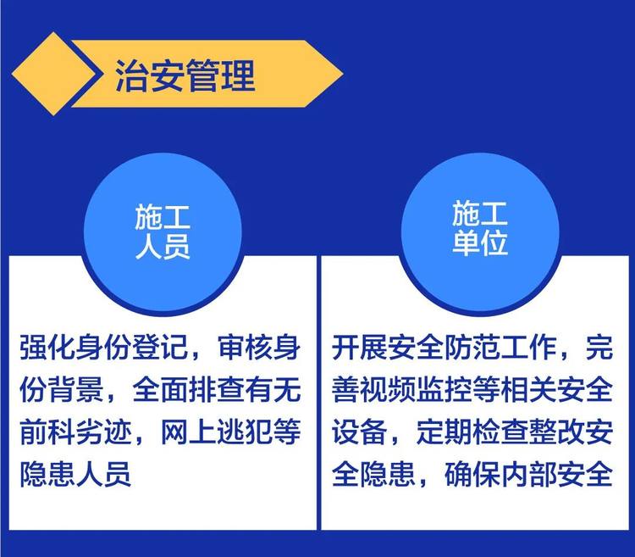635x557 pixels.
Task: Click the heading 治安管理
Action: coord(185,75)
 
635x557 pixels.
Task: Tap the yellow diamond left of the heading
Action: coord(54,74)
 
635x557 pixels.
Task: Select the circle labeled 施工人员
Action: coord(163,232)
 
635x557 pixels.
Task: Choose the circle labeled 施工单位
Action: coord(480,232)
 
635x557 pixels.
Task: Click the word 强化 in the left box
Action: coord(47,348)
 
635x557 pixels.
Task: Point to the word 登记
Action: coord(161,348)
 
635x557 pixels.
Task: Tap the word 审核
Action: coord(246,348)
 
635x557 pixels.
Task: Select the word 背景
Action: coord(75,390)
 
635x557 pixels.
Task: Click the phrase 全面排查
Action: coord(189,390)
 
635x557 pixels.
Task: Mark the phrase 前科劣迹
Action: coord(75,432)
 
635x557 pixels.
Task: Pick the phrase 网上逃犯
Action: coord(217,432)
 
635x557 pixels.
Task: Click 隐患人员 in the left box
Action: coord(75,474)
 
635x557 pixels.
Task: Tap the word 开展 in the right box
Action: coord(360,348)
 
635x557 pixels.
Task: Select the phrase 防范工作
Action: coord(500,348)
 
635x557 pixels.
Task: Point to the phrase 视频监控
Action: coord(416,390)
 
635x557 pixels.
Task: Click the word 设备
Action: coord(360,432)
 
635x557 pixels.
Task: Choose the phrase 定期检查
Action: coord(472,432)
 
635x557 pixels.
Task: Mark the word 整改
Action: coord(557,432)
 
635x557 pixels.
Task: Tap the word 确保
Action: coord(472,474)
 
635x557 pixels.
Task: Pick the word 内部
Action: coord(528,474)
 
